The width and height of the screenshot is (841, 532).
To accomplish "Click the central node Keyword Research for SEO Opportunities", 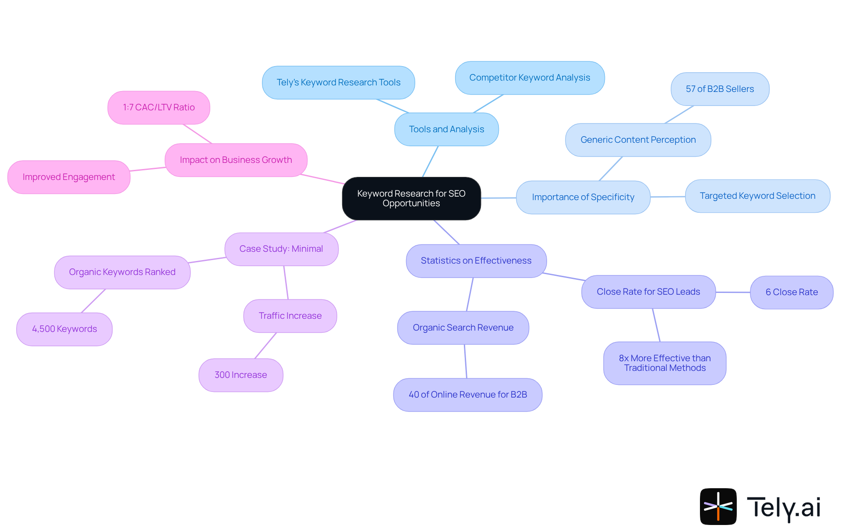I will point(411,198).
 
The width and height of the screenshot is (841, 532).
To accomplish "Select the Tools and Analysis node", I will point(446,129).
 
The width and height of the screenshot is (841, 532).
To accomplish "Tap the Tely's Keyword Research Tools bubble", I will point(338,82).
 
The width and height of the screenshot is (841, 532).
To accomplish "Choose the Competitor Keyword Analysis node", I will point(530,78).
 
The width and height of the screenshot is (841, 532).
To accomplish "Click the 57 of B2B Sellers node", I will point(720,89).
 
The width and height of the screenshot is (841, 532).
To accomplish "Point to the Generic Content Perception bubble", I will point(638,140).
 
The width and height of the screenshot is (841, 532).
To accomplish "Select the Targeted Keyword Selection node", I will point(757,196).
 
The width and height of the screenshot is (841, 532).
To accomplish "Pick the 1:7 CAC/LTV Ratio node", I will point(159,107).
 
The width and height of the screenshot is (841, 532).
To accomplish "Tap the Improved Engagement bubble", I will point(69,177).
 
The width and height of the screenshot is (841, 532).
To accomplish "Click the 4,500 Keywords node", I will point(64,329).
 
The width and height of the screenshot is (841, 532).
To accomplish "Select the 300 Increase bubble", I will point(240,375).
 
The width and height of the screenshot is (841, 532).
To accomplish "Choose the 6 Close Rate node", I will point(792,292).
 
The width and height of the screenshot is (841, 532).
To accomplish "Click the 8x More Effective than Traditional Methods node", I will point(664,363).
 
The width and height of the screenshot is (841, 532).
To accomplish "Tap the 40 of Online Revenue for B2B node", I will point(467,395).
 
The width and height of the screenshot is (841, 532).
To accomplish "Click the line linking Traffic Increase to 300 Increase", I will point(265,345).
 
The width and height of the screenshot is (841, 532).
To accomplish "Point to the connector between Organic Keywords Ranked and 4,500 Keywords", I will point(93,301).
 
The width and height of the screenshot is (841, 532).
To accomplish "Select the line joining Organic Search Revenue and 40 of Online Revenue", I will point(466,361).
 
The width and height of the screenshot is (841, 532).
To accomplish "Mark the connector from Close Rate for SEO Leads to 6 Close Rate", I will point(733,292).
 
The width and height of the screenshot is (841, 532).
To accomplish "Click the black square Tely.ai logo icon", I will point(718,506).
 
